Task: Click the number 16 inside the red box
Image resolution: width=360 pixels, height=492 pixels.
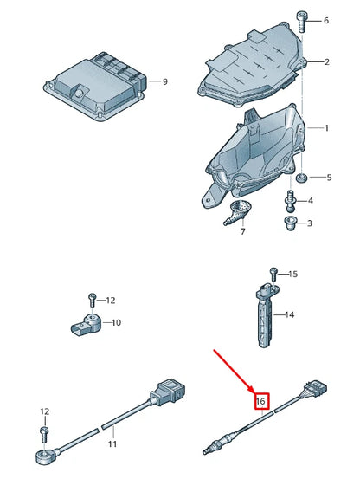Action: point(260,400)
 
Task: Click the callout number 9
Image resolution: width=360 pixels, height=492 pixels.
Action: point(166,83)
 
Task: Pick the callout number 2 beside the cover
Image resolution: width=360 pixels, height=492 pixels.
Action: point(327,62)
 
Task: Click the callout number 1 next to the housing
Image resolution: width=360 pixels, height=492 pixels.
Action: point(327,128)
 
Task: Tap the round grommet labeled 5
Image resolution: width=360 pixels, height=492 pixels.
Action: point(301,178)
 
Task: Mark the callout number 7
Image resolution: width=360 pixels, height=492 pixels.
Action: point(242,232)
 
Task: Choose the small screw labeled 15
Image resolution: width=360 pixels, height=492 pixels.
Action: point(273,273)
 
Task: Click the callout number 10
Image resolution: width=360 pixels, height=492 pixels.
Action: point(117,322)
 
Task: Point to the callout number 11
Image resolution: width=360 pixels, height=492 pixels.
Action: point(112,444)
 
